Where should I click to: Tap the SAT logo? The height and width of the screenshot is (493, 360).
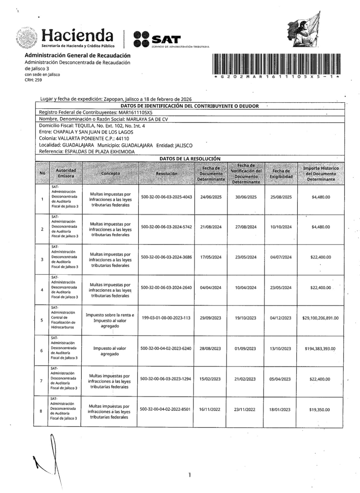point(157,39)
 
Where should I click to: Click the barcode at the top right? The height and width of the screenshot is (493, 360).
point(276,63)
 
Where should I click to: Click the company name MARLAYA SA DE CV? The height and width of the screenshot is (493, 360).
point(147,119)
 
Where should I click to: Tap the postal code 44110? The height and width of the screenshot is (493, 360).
point(123,139)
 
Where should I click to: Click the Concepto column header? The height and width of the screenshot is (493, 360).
point(110,173)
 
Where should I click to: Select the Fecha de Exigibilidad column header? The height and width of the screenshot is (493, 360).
point(281,174)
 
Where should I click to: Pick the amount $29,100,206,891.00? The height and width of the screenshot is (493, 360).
point(320,318)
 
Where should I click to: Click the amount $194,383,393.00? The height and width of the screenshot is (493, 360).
point(320,348)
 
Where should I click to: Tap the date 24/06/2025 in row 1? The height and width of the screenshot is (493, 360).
point(211,197)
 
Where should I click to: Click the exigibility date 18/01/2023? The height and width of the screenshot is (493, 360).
point(280,409)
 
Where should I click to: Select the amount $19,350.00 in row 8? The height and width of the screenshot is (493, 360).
point(320,410)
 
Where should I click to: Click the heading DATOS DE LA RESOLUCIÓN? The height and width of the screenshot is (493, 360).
point(190,159)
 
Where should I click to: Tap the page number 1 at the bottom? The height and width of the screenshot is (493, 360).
point(190,475)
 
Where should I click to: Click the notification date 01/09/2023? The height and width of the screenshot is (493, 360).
point(245,348)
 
